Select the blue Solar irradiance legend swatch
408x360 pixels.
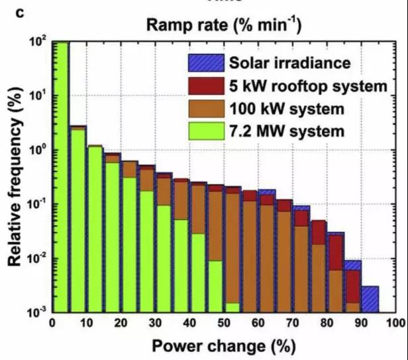pos(205,64)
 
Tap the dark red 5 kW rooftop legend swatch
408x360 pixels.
pos(205,86)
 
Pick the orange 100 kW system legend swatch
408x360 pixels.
pos(205,108)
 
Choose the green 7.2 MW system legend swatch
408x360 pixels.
pos(205,131)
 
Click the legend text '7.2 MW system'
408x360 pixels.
pos(287,131)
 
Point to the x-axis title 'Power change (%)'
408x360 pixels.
pos(222,345)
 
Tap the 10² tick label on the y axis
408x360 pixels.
pos(38,42)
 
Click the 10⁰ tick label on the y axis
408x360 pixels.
pos(38,150)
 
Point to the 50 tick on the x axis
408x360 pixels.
pos(223,323)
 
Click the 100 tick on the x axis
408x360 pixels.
pos(395,323)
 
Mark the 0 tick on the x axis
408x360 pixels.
pos(52,323)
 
